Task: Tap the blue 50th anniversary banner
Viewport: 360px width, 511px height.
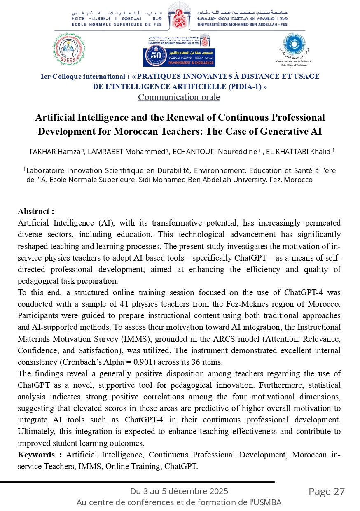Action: click(x=179, y=57)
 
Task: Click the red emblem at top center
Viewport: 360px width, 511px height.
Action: click(x=180, y=16)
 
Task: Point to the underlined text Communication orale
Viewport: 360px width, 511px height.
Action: click(x=179, y=97)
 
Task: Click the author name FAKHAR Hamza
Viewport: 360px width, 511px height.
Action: click(x=55, y=152)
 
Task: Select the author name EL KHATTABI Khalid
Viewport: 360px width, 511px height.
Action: click(x=298, y=152)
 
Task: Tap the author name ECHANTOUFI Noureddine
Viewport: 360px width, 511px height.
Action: click(x=215, y=152)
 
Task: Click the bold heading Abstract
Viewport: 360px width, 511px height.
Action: click(x=36, y=212)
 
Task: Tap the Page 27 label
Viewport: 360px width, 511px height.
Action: click(x=327, y=492)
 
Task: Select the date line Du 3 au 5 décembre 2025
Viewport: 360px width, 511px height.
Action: click(x=179, y=491)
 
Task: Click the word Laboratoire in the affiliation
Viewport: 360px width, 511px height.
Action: click(x=45, y=170)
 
